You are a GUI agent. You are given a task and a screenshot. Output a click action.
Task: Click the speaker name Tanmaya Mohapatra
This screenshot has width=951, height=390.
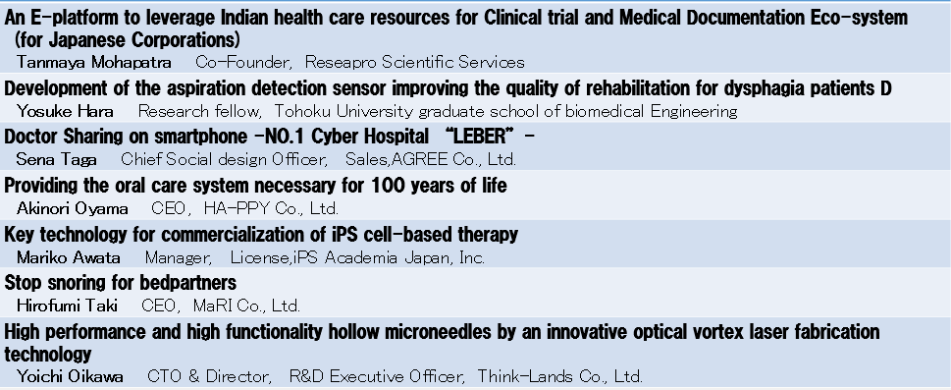[94, 62]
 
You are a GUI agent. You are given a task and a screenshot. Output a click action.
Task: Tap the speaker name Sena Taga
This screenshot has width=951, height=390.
[56, 160]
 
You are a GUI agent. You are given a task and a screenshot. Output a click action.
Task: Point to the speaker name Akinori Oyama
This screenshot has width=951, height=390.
[73, 208]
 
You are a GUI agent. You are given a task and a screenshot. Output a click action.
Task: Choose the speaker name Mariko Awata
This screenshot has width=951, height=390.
[69, 257]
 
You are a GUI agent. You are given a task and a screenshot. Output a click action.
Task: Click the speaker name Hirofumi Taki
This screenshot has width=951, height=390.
[67, 306]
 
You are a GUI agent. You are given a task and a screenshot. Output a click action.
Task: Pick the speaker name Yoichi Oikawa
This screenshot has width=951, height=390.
[70, 376]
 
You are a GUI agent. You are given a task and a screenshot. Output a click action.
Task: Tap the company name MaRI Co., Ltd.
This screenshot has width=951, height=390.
[246, 306]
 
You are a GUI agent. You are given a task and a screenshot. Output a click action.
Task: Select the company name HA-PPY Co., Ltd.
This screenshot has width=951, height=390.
[271, 209]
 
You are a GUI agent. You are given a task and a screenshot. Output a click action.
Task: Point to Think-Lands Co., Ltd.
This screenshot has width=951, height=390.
[559, 376]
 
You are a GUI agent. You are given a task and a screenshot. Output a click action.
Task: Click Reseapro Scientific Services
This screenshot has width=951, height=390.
[415, 62]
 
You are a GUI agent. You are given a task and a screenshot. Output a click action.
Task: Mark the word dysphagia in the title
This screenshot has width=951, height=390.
[767, 89]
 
